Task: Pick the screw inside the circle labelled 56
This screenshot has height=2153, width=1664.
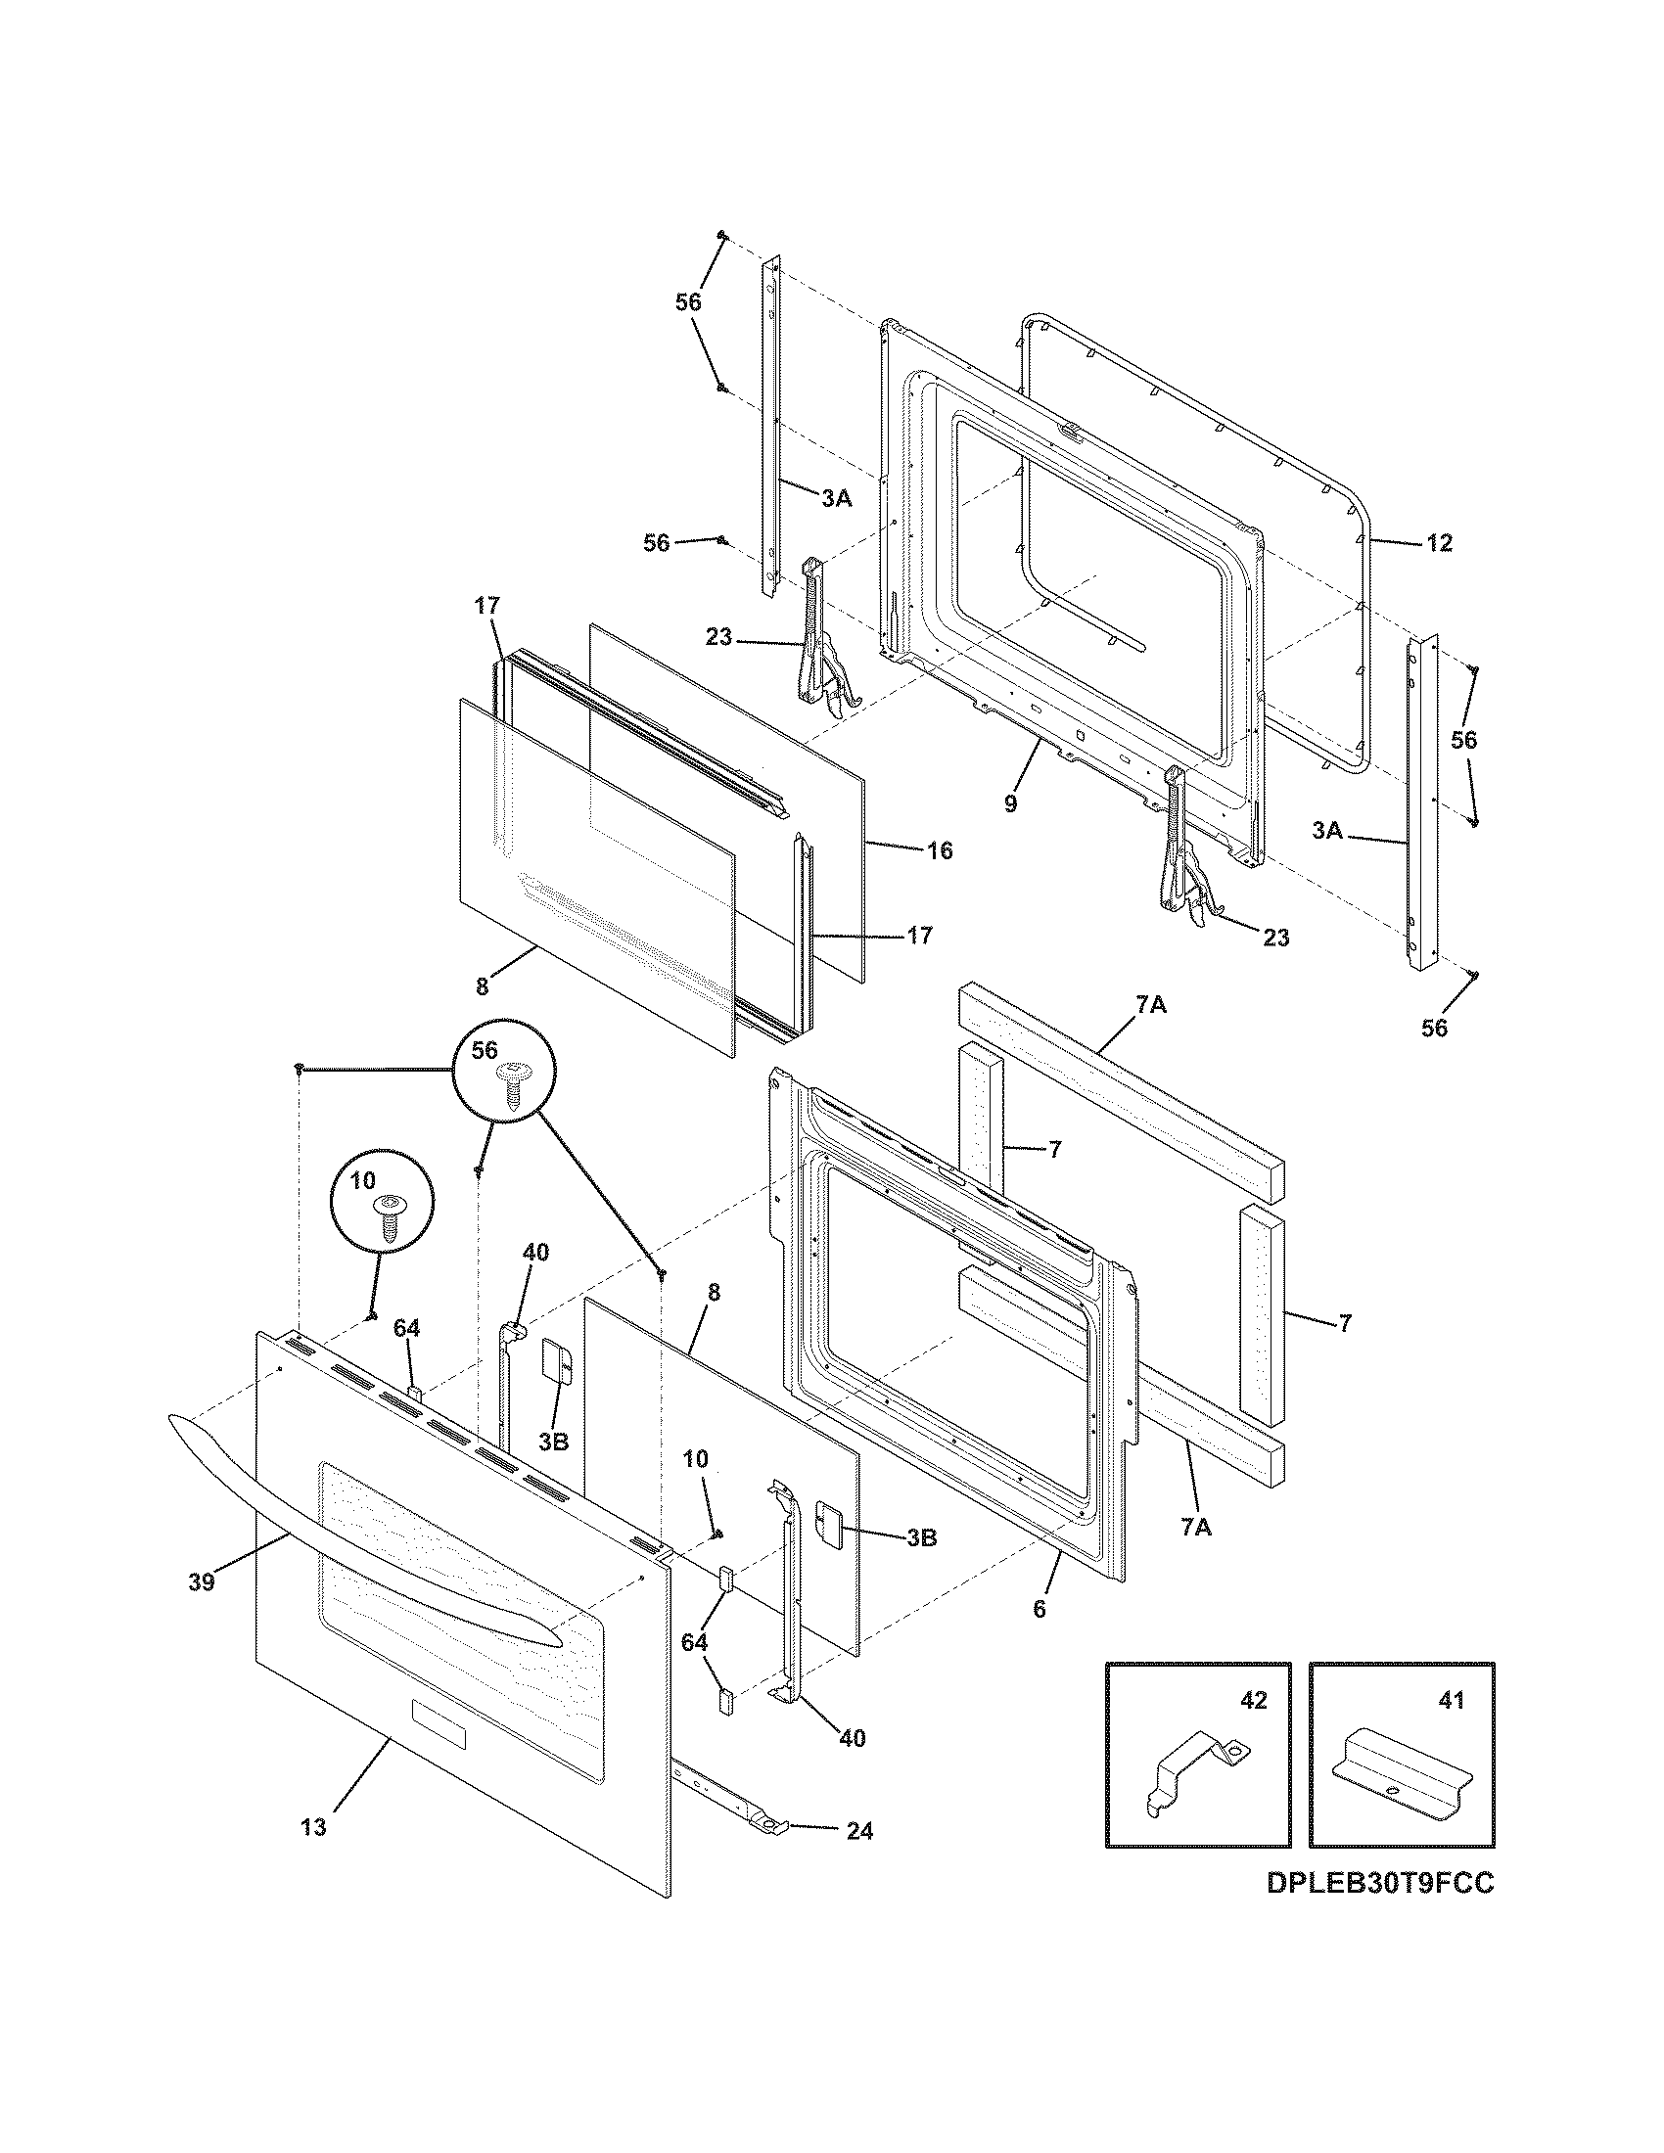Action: tap(513, 1084)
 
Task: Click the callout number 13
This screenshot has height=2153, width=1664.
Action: tap(312, 1828)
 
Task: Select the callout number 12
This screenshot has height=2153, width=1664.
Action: tap(1439, 543)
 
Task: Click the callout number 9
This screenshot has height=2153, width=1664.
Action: tap(1010, 803)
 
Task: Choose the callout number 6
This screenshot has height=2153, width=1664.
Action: tap(1039, 1610)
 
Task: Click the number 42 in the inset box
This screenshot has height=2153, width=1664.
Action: tap(1253, 1701)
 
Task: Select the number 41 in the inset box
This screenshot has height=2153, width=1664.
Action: tap(1452, 1701)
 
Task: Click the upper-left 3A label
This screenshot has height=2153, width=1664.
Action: tap(836, 499)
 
